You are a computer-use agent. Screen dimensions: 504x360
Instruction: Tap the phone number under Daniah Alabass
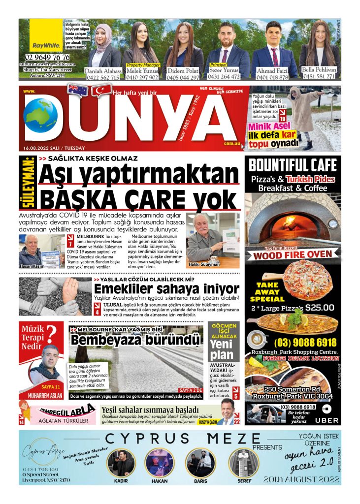[102, 77]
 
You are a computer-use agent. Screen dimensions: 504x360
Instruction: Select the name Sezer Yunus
[224, 70]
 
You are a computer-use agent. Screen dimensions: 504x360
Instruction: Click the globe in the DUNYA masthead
[40, 115]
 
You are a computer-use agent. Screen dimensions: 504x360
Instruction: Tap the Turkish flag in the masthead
[101, 90]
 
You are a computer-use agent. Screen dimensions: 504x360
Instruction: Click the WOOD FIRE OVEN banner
[293, 255]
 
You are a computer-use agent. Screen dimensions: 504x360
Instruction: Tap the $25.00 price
[320, 308]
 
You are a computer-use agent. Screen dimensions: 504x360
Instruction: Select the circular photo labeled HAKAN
[160, 462]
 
